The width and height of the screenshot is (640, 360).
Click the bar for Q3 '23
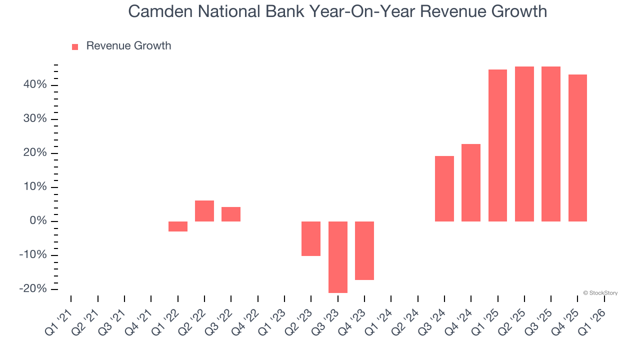[x=338, y=257]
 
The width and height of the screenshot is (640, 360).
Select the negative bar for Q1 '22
[x=177, y=226]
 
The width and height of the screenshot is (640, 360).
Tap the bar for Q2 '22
[x=204, y=211]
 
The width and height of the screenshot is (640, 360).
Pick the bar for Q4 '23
[x=364, y=250]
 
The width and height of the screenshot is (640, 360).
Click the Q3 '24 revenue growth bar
[x=444, y=188]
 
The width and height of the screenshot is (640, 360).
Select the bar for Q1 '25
[x=497, y=145]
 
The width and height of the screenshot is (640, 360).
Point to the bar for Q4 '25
[x=577, y=148]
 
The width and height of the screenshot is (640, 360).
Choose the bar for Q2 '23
[x=311, y=238]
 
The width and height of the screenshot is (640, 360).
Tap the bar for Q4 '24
[x=471, y=182]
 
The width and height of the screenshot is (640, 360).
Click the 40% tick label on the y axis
[x=34, y=85]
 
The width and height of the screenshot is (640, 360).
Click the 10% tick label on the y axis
[x=34, y=187]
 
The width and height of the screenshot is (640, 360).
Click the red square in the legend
[x=75, y=46]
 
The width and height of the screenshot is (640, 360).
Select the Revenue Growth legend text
[x=128, y=46]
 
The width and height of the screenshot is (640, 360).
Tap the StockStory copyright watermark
[x=600, y=293]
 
